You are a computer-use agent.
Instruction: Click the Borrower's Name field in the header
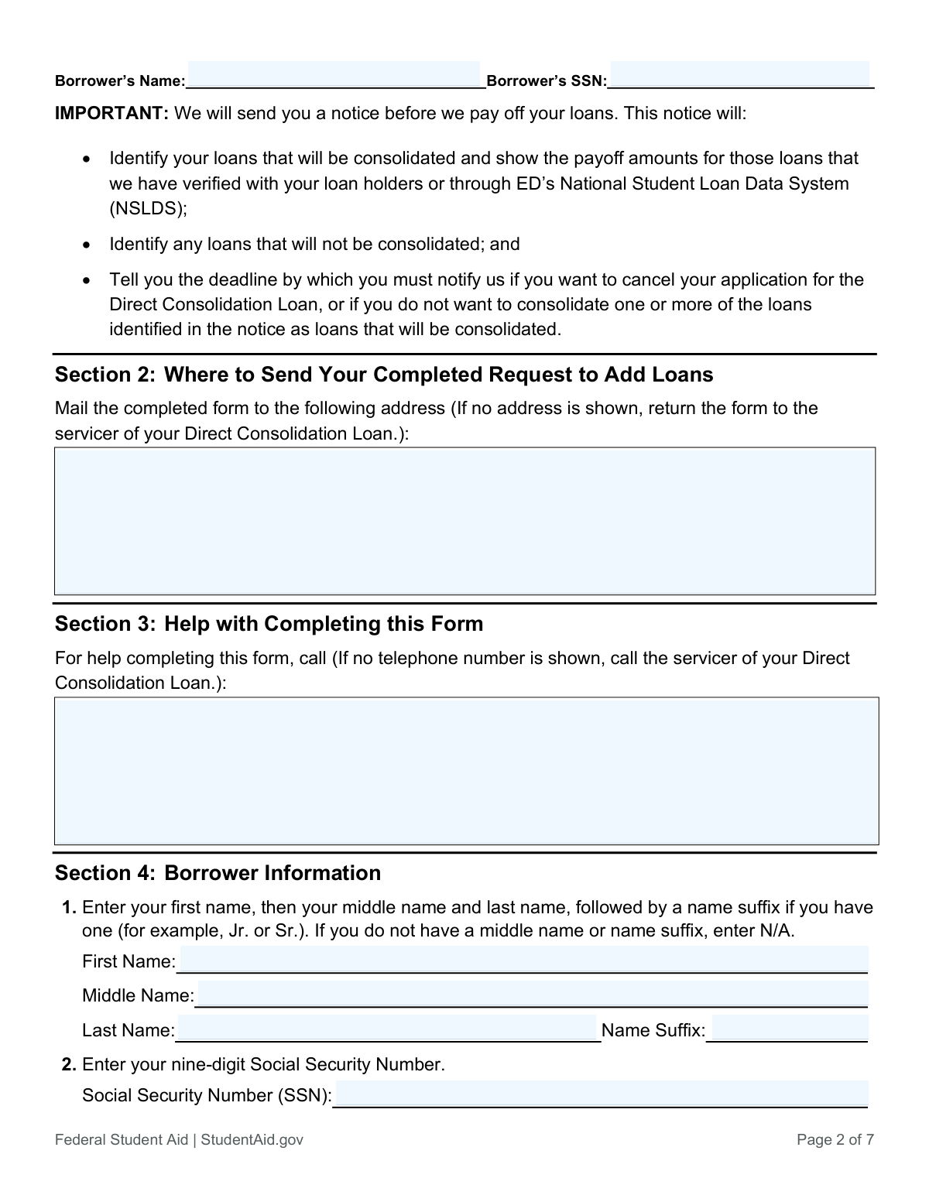pyautogui.click(x=334, y=75)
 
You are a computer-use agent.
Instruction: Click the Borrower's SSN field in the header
pyautogui.click(x=739, y=75)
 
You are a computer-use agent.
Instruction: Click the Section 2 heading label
pyautogui.click(x=105, y=375)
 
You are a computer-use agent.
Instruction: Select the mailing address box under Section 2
pyautogui.click(x=464, y=520)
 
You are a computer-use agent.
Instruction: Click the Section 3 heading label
pyautogui.click(x=105, y=624)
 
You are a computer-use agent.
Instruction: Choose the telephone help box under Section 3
pyautogui.click(x=466, y=770)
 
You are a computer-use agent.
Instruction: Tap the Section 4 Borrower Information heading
pyautogui.click(x=218, y=873)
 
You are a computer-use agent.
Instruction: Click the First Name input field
pyautogui.click(x=523, y=960)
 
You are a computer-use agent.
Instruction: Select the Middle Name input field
pyautogui.click(x=532, y=994)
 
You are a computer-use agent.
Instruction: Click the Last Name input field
pyautogui.click(x=387, y=1029)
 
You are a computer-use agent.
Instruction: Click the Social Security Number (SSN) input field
pyautogui.click(x=601, y=1094)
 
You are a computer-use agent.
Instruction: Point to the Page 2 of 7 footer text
pyautogui.click(x=835, y=1139)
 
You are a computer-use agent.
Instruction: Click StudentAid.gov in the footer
pyautogui.click(x=252, y=1139)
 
